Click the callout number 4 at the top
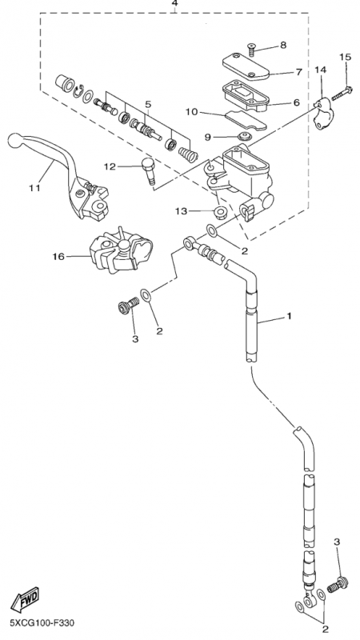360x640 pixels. click(x=174, y=5)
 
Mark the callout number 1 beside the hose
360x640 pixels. click(x=290, y=317)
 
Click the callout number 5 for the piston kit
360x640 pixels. click(x=148, y=104)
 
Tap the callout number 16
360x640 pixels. click(x=58, y=257)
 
